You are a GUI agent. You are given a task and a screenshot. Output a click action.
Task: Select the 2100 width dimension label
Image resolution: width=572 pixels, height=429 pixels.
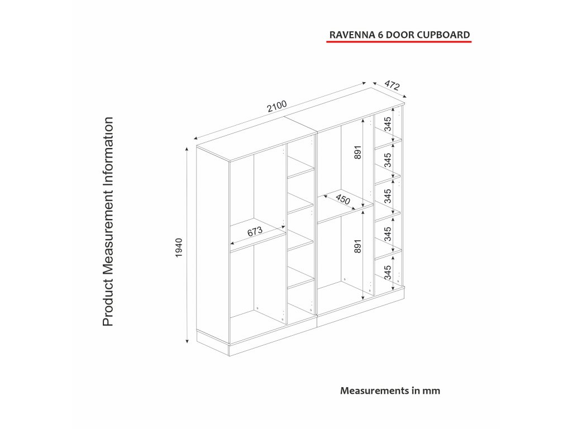[x=277, y=106]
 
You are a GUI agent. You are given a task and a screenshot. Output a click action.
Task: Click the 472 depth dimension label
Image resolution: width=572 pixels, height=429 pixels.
[x=392, y=85]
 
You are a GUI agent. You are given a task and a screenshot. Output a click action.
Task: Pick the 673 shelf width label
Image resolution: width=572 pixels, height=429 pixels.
[x=255, y=233]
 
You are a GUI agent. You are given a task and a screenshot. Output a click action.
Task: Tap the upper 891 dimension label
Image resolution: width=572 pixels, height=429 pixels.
[x=358, y=153]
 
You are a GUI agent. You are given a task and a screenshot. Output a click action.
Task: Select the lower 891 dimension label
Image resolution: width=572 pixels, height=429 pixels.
[x=358, y=246]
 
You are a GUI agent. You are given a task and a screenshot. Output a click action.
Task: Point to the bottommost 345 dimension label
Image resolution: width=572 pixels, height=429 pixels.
[x=388, y=273]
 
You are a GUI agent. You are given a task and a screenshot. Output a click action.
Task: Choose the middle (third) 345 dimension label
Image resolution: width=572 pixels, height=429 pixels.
[x=388, y=196]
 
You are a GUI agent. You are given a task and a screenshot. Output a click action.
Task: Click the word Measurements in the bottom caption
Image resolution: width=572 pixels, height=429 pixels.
[x=374, y=390]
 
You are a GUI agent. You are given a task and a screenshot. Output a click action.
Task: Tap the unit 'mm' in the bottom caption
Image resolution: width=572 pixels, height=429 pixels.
[x=431, y=390]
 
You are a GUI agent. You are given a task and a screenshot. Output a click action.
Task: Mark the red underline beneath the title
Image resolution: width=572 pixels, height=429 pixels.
[x=399, y=42]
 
